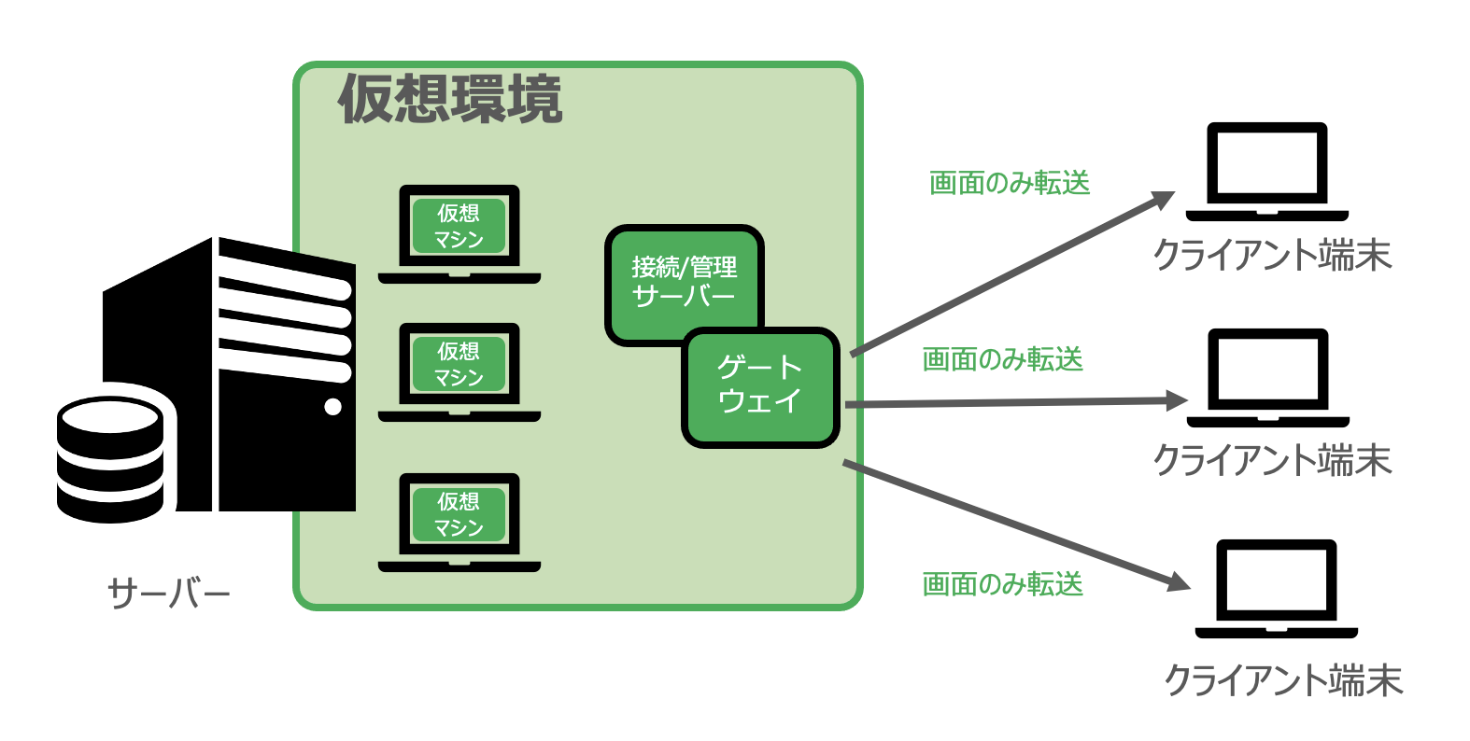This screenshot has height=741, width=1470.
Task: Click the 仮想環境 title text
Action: [450, 100]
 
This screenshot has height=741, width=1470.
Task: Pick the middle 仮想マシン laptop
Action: [459, 371]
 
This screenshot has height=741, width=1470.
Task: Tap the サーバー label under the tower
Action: [169, 594]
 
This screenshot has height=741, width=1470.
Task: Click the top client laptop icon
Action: [1266, 171]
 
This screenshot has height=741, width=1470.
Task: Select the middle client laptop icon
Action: [1267, 377]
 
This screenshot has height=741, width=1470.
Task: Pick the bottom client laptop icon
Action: [1276, 588]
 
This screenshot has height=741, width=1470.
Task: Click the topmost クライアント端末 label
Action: [1272, 255]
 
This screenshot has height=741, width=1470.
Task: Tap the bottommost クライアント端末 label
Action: [1283, 680]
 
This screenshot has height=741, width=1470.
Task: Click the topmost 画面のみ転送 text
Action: [1010, 183]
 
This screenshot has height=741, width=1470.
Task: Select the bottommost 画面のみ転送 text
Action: [1002, 584]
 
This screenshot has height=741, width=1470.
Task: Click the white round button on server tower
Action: [332, 406]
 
